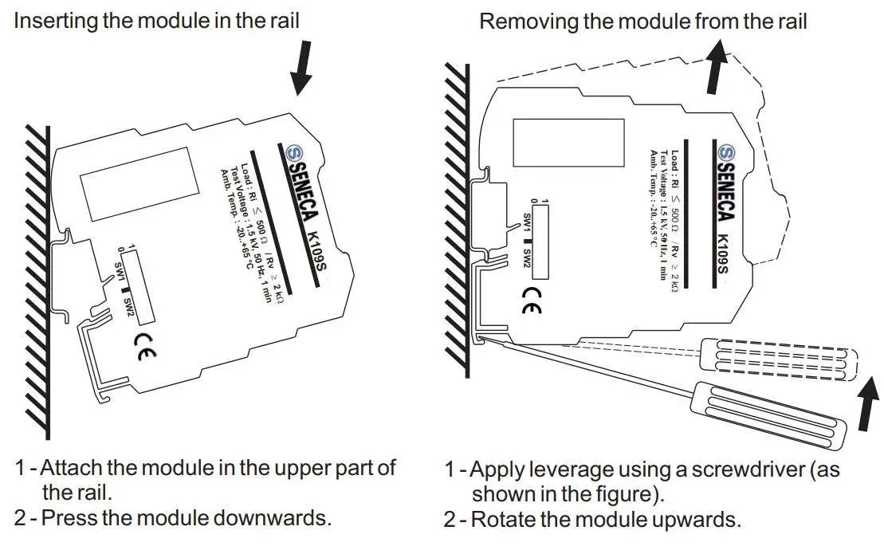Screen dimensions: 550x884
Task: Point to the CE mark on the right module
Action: pos(530,298)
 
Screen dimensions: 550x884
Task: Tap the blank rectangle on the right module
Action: pos(568,143)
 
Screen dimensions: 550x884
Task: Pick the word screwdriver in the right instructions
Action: pos(736,469)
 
